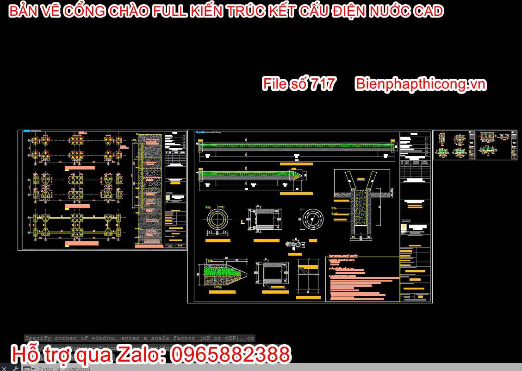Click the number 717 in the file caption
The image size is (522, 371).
[x=323, y=84]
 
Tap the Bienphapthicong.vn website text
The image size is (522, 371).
[x=420, y=84]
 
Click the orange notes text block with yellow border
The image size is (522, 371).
[x=362, y=278]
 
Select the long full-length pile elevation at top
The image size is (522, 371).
[x=296, y=146]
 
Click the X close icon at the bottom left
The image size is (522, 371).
[x=5, y=368]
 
